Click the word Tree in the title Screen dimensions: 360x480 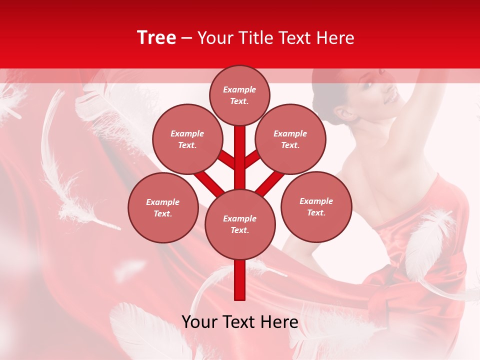156,38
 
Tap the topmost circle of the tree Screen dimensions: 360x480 239,95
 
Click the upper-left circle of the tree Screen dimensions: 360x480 187,139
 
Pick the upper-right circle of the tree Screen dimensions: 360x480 290,139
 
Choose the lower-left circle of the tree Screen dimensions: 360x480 163,207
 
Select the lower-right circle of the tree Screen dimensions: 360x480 316,206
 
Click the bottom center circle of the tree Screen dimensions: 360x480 240,224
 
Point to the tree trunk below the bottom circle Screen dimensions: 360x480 240,280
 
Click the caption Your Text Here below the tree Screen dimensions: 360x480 240,322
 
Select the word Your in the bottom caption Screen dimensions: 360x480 198,322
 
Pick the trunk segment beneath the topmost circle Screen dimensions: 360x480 240,150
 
